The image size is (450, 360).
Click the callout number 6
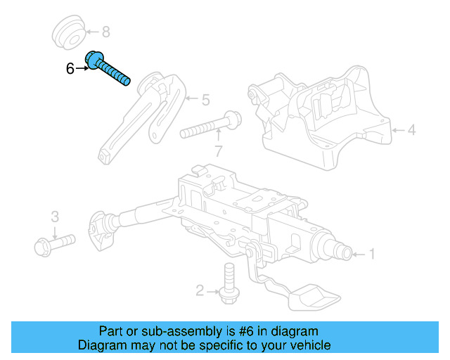pos(70,69)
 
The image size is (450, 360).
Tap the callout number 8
pos(106,32)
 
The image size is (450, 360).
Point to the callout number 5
pos(205,101)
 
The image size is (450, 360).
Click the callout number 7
pos(219,150)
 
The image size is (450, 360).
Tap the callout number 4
pos(411,130)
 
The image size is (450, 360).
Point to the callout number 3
pos(54,216)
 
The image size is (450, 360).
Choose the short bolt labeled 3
pos(53,243)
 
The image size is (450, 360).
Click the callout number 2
pos(200,290)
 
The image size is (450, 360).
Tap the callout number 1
pos(372,254)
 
